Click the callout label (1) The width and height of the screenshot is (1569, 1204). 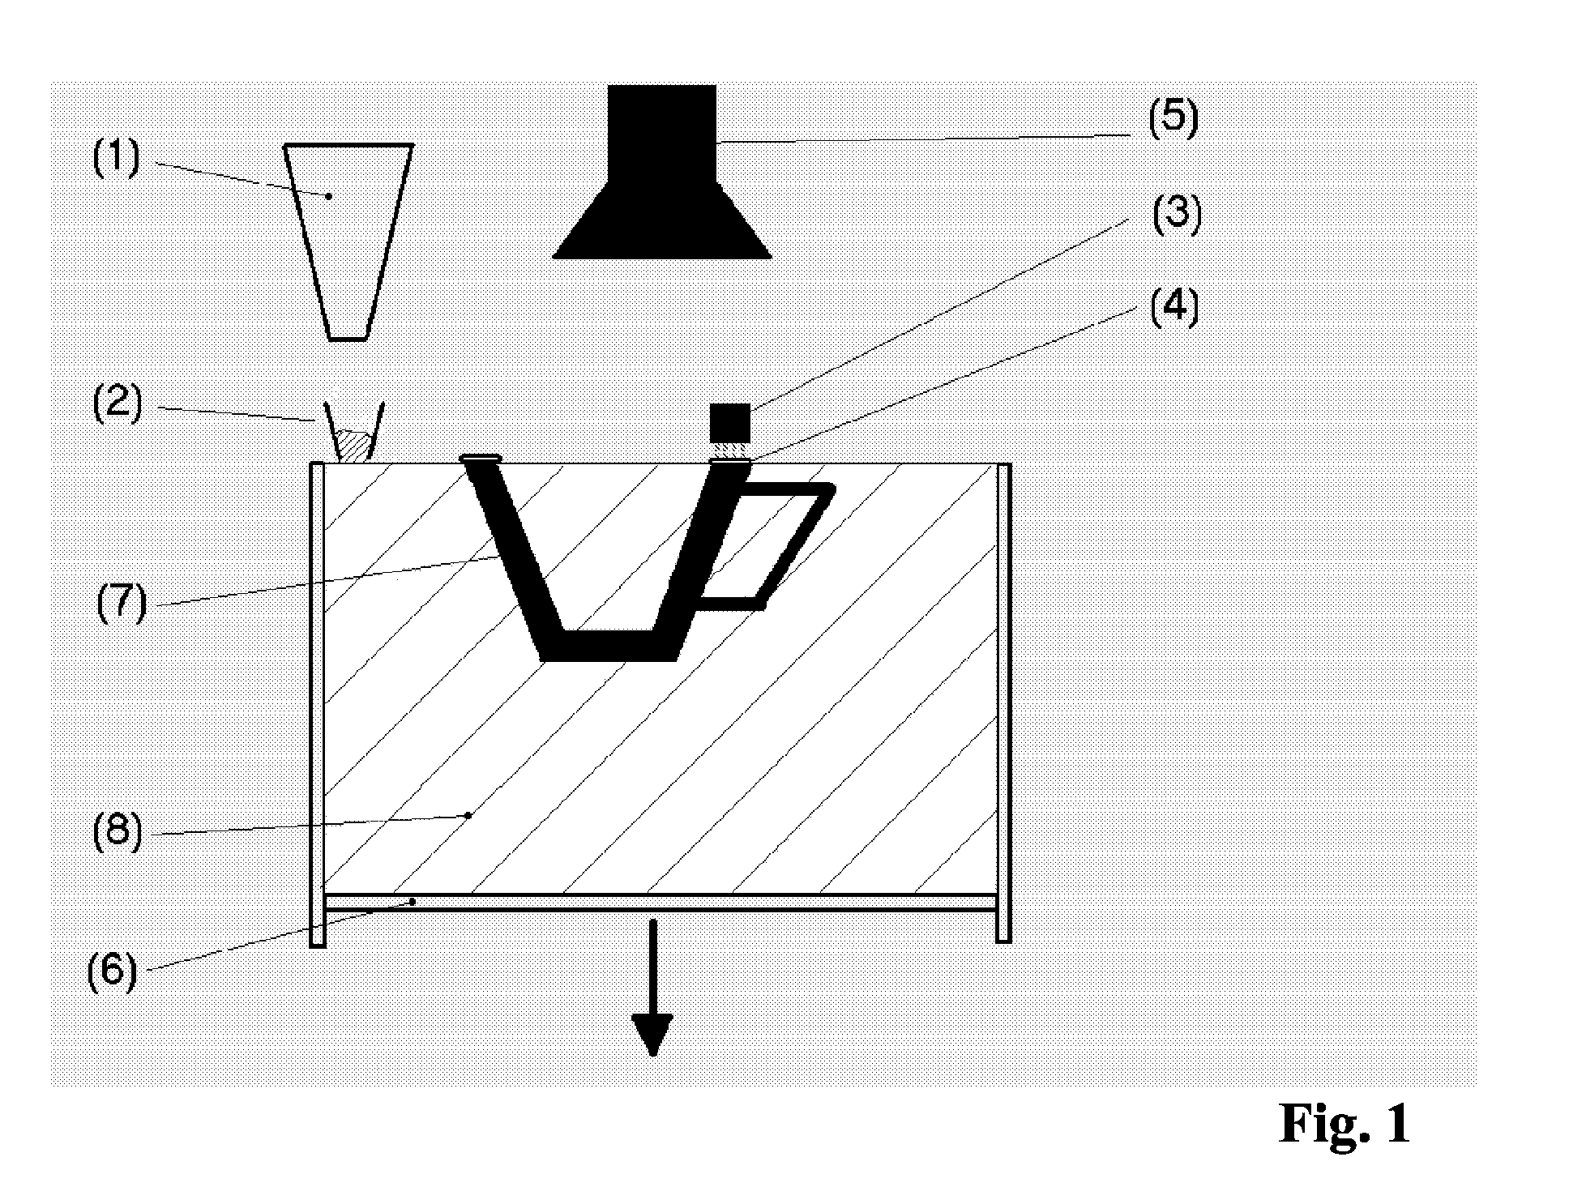[117, 158]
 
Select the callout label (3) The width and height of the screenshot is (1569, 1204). [1176, 214]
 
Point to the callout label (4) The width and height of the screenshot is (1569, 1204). [1174, 309]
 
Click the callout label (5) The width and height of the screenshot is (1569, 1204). [1173, 118]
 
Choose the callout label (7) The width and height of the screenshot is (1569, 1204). [122, 604]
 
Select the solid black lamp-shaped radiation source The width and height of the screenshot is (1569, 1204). [661, 186]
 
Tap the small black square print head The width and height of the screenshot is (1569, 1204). [729, 422]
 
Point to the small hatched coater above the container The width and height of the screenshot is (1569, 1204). [354, 442]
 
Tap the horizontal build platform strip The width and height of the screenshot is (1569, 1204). [660, 903]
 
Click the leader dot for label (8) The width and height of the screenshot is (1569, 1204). [468, 815]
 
